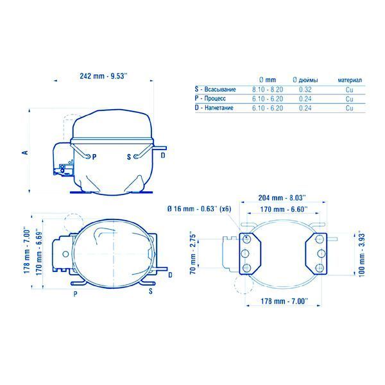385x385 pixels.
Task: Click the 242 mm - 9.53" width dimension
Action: (103, 76)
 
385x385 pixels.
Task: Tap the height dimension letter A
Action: (25, 153)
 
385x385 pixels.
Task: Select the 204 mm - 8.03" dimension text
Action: (282, 198)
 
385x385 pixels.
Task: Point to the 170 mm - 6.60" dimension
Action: (284, 209)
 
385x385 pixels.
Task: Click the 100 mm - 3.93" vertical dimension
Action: (362, 255)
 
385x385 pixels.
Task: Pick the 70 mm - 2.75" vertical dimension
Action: (193, 254)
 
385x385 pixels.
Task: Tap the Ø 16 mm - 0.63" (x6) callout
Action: (199, 209)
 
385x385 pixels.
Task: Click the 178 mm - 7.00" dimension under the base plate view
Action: (284, 301)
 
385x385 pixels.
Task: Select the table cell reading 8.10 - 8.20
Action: (268, 89)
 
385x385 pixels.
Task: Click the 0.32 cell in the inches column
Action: (305, 89)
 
